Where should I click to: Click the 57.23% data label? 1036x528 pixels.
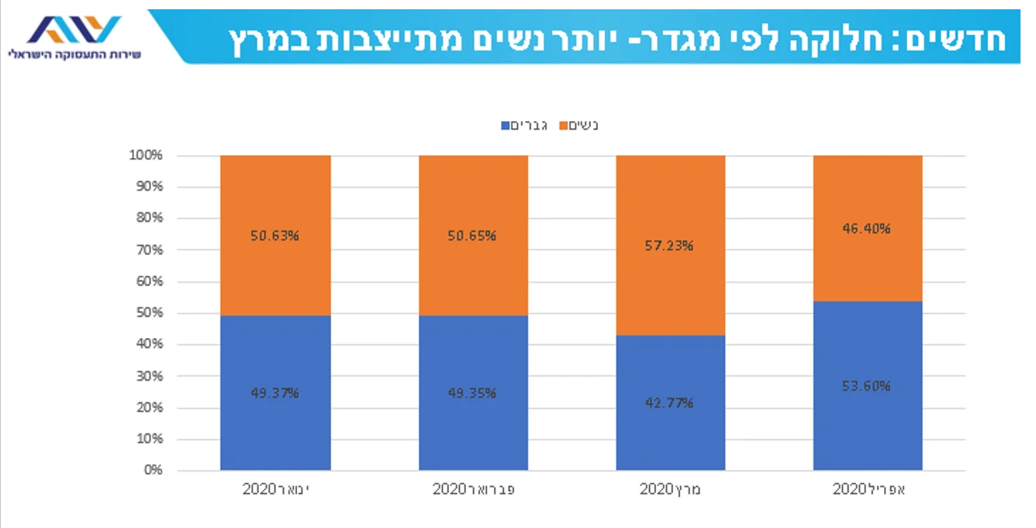coord(671,246)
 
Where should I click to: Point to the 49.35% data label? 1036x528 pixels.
coord(473,392)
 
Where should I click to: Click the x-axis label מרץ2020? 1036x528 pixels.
coord(671,489)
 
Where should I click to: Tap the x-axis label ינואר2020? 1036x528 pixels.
coord(275,489)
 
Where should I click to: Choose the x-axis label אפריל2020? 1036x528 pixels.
coord(868,489)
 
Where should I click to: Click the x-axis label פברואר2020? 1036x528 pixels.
coord(473,489)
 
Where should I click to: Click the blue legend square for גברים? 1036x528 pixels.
coord(506,125)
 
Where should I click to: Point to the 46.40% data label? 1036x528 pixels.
coord(868,229)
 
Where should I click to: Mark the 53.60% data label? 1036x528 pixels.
coord(868,386)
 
